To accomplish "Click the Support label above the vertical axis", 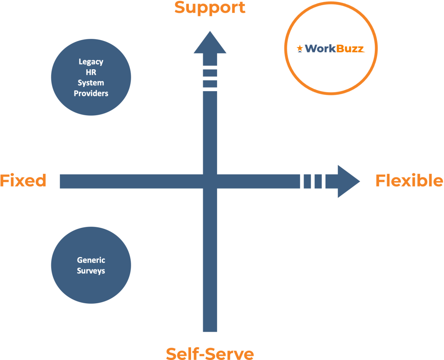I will (x=210, y=7).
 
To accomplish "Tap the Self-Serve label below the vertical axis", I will (x=210, y=353).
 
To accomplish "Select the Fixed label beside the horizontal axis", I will (x=23, y=181).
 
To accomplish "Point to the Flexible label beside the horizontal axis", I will (x=409, y=181).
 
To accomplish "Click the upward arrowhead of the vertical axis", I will (x=210, y=44).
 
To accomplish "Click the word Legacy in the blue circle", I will (x=91, y=61).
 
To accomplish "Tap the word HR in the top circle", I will (x=91, y=72).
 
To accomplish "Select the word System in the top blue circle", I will (x=91, y=83).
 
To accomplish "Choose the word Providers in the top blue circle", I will (x=91, y=93).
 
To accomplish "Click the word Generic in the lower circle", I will (x=91, y=260).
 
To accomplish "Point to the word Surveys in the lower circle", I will (x=91, y=271).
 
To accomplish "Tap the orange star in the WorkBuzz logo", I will (x=300, y=49).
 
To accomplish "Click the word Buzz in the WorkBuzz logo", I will (x=350, y=49).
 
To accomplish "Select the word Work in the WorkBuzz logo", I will (x=321, y=49).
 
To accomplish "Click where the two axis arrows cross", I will (x=210, y=181).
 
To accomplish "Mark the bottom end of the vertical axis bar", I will (x=210, y=330).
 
